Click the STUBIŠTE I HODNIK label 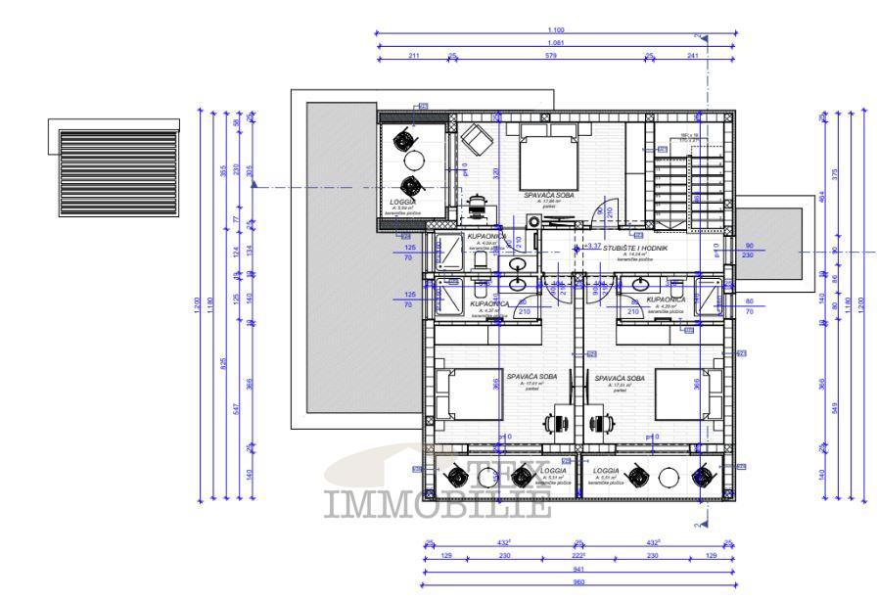(635, 250)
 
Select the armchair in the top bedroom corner (477, 139)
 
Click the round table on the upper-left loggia (413, 162)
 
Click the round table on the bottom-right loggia (669, 478)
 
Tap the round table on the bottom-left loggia (487, 478)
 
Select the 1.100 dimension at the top (555, 30)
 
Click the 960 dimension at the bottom (577, 582)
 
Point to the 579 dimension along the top (550, 56)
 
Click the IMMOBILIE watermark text (438, 506)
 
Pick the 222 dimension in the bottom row (577, 556)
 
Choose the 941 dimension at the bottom (577, 570)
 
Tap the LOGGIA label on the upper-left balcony (402, 202)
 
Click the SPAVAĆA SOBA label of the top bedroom (548, 196)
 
